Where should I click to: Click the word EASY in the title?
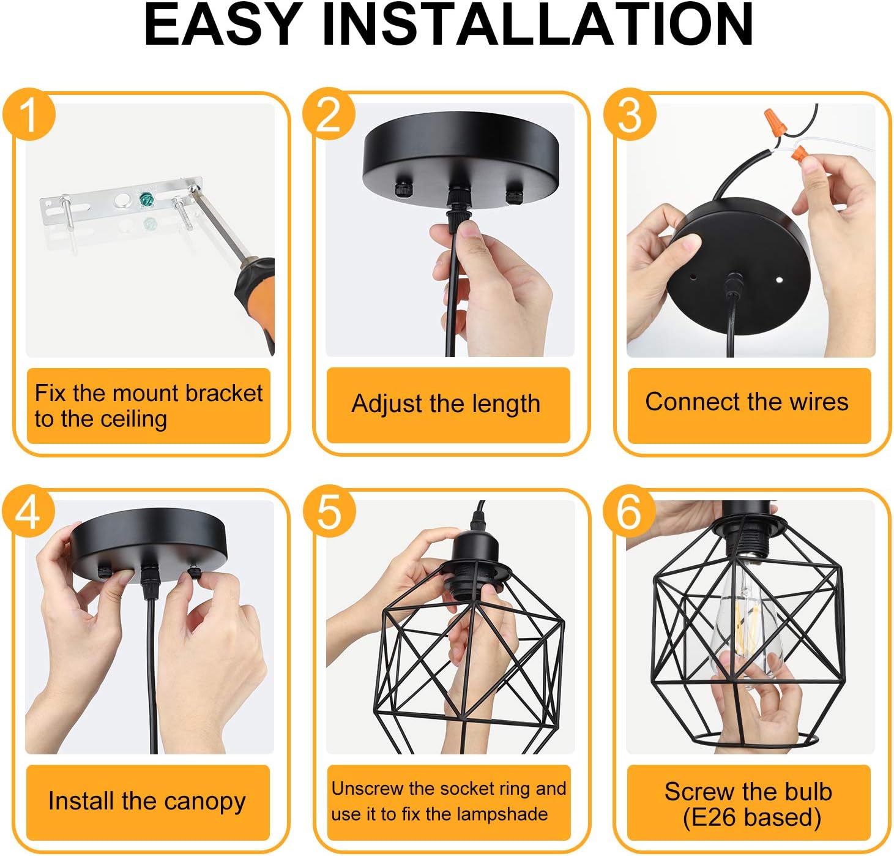[221, 25]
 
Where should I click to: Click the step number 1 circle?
[29, 115]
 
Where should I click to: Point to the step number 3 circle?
[630, 115]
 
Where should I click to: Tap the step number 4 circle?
[29, 511]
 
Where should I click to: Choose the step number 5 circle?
[329, 511]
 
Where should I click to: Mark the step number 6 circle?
[629, 511]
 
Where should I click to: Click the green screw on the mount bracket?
[146, 200]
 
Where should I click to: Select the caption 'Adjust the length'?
[446, 404]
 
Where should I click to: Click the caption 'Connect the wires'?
[747, 402]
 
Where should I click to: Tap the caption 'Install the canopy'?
[147, 801]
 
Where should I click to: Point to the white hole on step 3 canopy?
[779, 280]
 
